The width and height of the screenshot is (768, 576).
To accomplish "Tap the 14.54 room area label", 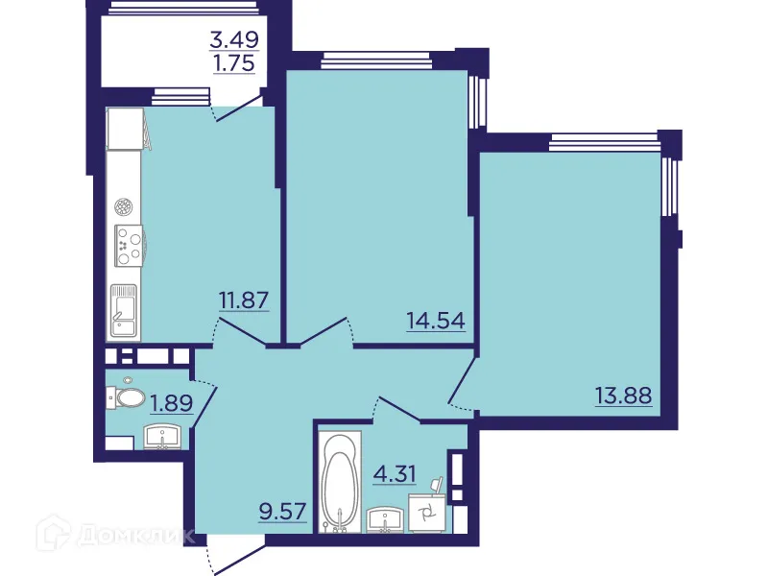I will pos(435,320).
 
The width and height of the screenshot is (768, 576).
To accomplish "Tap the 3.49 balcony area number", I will pos(236,41).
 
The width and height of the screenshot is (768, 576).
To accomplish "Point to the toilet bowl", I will pos(128,396).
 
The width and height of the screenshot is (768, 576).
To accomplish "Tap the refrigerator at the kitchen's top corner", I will pos(125,129).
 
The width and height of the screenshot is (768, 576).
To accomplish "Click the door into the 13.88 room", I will pos(462,385).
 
